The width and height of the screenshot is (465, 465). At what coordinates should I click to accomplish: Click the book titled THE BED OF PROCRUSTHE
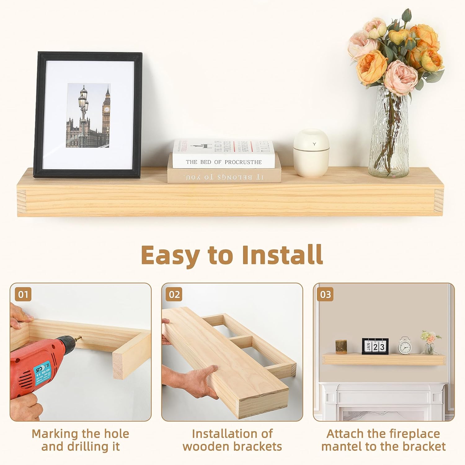coord(224,154)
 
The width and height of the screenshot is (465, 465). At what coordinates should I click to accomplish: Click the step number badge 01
coord(23,294)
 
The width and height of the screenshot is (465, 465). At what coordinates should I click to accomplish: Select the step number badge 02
coord(174,294)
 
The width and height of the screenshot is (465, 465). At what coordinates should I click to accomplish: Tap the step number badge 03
coord(325,294)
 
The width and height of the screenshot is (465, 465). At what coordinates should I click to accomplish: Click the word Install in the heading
coord(282,255)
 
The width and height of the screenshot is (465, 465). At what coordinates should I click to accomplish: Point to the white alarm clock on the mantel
coord(404,346)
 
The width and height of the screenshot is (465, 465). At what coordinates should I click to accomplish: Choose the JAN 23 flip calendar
coord(374,346)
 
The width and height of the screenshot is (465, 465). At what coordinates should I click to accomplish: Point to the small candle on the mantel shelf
coord(341,347)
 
